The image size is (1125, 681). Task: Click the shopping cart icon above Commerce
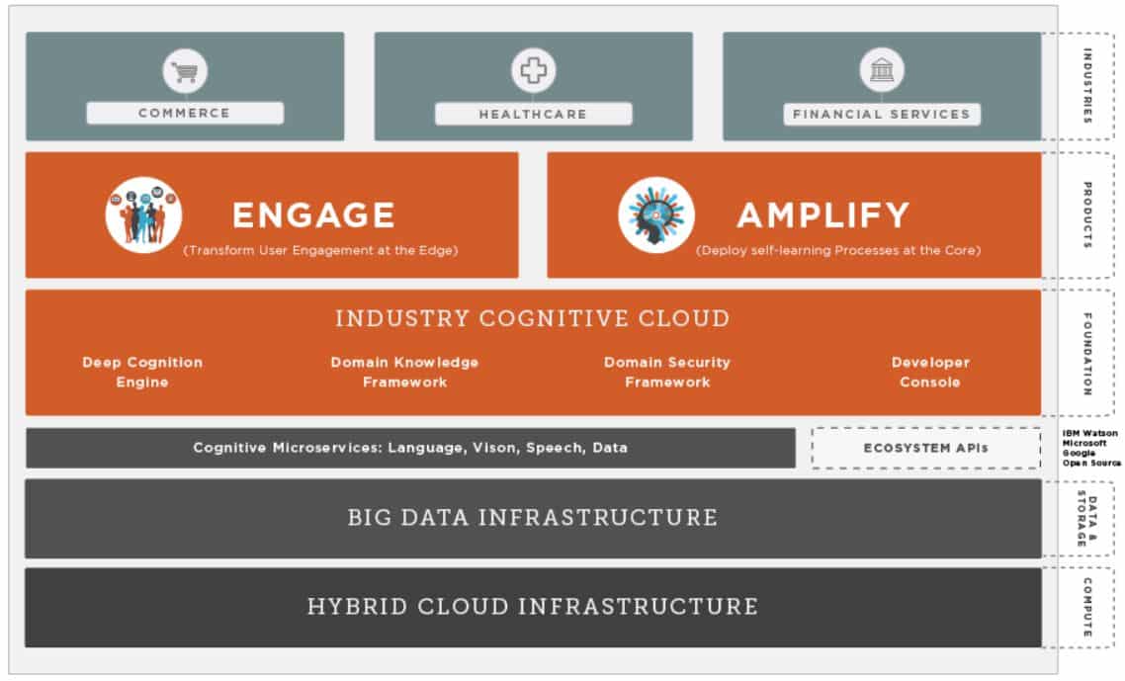point(185,71)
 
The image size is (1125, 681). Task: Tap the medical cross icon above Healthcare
point(534,71)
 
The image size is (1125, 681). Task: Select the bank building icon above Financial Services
point(881,71)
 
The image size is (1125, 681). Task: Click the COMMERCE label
point(185,114)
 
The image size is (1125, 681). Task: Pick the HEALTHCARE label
point(533,115)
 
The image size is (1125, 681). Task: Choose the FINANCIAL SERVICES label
point(881,115)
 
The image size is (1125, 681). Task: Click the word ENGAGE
point(313,215)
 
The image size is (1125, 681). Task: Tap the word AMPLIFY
point(822,215)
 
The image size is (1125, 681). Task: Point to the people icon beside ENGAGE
point(143,215)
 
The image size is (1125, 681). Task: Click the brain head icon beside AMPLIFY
point(656,215)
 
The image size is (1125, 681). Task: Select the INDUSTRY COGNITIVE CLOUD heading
point(533,319)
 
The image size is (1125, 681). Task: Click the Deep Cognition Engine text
point(142,373)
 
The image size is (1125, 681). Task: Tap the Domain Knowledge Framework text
point(404,373)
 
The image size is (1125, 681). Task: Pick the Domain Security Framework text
point(667,373)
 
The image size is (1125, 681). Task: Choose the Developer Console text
point(930,373)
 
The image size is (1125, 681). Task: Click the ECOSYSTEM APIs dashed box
point(926,448)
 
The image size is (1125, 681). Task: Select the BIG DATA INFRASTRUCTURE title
point(533,518)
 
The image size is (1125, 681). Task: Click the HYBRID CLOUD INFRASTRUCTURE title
point(533,607)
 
